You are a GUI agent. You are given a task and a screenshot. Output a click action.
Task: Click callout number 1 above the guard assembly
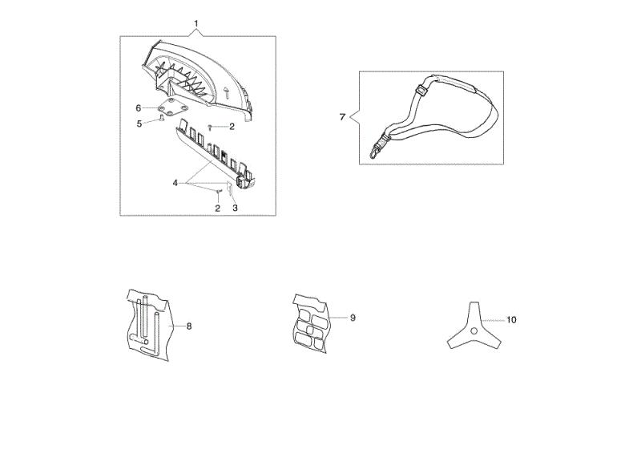[196, 23]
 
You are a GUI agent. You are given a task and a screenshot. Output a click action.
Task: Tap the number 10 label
[511, 320]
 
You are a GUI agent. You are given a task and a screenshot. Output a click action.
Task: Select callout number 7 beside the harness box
[342, 117]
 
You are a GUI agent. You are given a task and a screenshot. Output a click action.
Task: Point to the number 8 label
[189, 326]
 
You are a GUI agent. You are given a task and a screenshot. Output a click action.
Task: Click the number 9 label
[353, 318]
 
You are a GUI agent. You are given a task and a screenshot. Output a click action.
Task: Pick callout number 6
[138, 108]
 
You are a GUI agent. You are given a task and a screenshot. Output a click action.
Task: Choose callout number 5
[139, 124]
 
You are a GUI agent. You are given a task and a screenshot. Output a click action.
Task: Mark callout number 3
[235, 208]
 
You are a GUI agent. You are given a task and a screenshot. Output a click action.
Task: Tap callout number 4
[175, 183]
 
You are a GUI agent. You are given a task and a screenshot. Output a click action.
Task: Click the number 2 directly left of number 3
[217, 209]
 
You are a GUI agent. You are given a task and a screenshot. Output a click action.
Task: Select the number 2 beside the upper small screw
[232, 127]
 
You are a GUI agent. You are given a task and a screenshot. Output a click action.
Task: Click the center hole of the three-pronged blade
[474, 330]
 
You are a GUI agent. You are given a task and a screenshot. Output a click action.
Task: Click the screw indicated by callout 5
[163, 118]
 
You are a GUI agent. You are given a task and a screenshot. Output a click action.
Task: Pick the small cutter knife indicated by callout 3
[229, 188]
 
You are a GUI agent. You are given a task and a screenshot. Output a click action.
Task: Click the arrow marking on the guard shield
[227, 92]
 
